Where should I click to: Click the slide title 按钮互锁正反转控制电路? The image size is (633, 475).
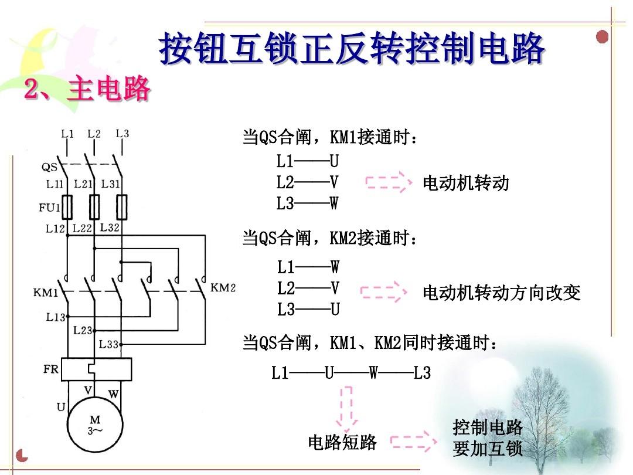(352, 49)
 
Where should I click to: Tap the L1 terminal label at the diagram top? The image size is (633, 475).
(67, 134)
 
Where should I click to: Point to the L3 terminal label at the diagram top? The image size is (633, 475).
(122, 134)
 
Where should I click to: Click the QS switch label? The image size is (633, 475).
(49, 167)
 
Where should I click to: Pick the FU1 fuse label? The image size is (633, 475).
(49, 207)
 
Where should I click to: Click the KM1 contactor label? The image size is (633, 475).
(45, 291)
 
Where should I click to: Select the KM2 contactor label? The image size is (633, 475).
(223, 287)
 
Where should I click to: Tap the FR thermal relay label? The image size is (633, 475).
(51, 369)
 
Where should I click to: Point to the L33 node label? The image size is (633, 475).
(109, 344)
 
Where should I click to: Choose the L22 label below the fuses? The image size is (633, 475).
(83, 228)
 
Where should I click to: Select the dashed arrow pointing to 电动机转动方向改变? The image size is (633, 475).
(384, 291)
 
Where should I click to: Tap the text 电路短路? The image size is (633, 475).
(342, 442)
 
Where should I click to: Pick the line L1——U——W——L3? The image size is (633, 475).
(351, 372)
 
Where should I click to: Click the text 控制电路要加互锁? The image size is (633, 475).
(488, 439)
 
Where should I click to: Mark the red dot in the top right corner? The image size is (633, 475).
(602, 37)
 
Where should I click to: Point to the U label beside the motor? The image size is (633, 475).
(61, 406)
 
